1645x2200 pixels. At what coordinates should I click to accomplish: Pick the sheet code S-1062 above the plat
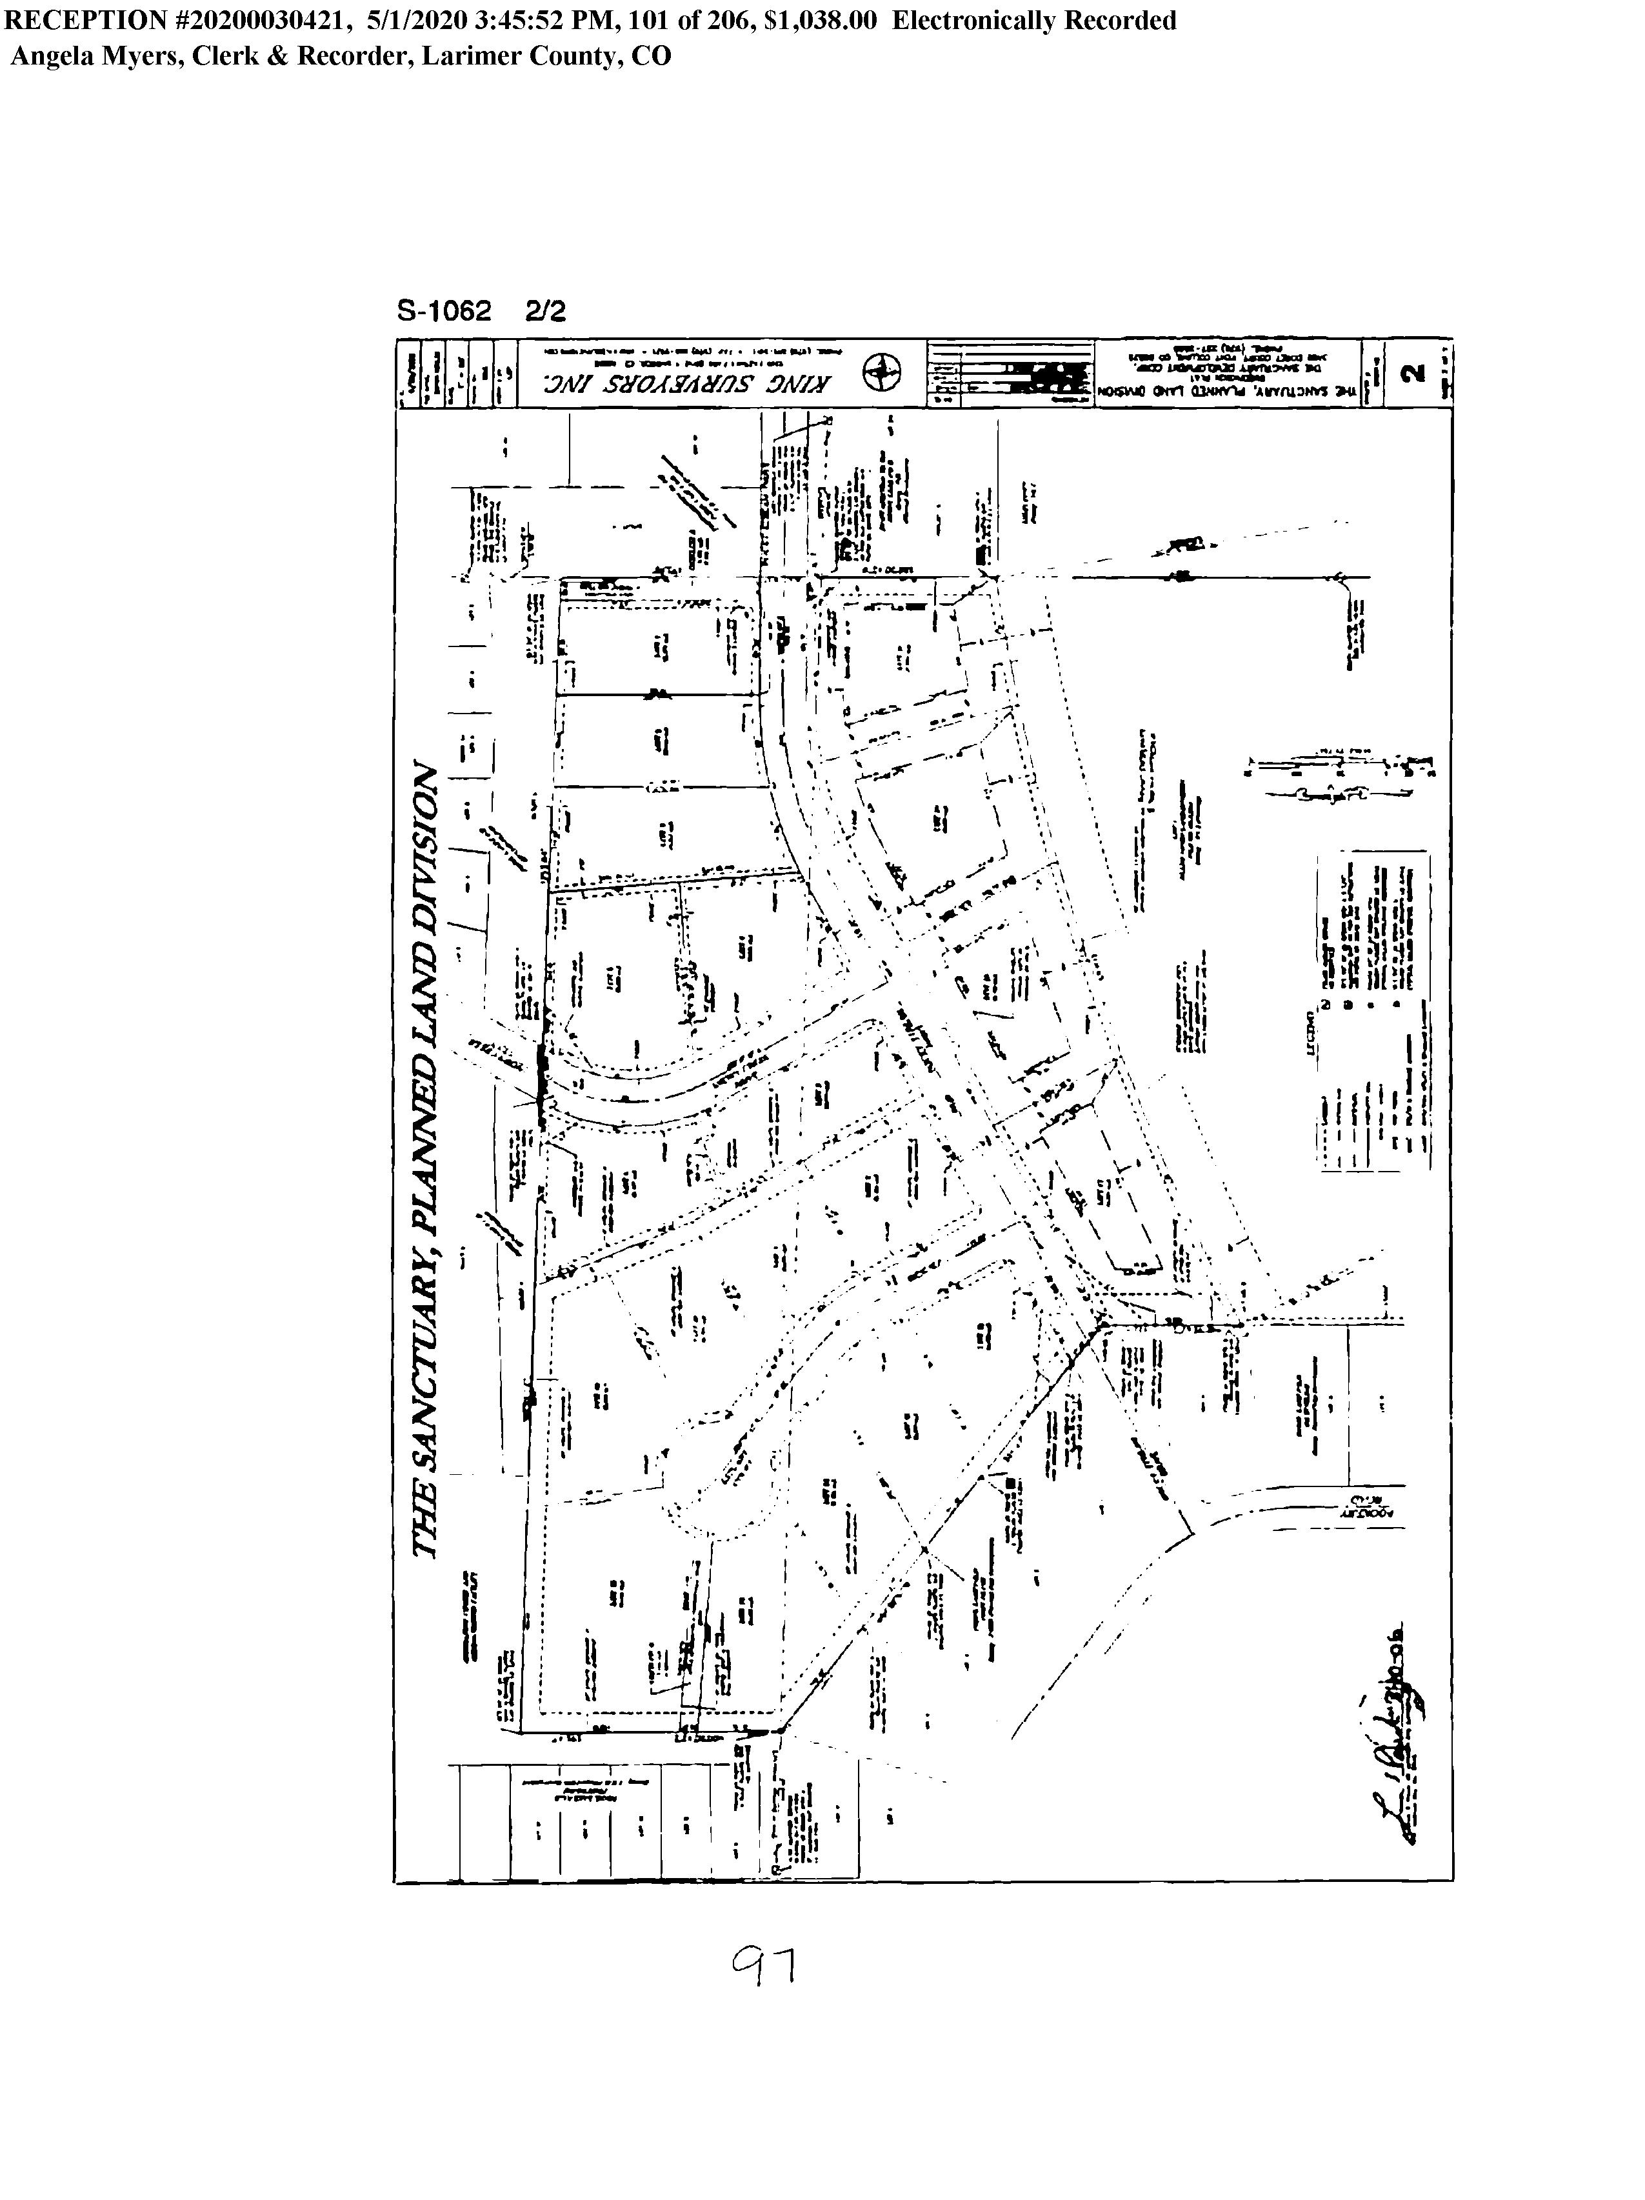tap(444, 312)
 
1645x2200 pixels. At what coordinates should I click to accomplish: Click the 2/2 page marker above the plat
tap(545, 312)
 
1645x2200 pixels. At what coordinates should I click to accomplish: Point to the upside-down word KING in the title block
tap(802, 384)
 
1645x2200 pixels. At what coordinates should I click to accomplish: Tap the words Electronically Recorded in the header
tap(1033, 21)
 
